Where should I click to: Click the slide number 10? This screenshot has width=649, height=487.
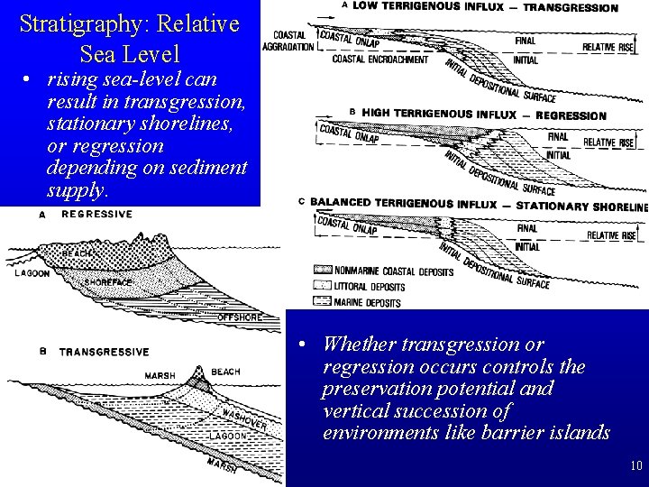[636, 466]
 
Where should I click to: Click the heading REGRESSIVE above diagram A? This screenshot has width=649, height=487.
[96, 214]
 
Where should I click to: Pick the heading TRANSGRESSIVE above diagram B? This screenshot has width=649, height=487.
[105, 351]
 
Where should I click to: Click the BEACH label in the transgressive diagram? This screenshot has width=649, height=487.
[225, 372]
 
